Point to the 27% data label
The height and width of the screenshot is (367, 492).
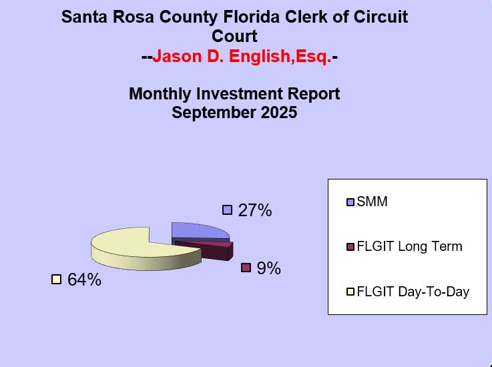pyautogui.click(x=255, y=211)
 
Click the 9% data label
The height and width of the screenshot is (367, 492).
pyautogui.click(x=268, y=268)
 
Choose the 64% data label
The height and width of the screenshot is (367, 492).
pyautogui.click(x=84, y=280)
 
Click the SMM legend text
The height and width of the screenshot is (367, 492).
pyautogui.click(x=372, y=202)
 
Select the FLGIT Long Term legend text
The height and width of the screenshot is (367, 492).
pyautogui.click(x=409, y=246)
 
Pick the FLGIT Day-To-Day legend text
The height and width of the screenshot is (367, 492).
pyautogui.click(x=413, y=292)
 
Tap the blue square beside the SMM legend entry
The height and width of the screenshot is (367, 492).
pyautogui.click(x=351, y=202)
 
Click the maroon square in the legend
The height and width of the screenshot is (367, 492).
pyautogui.click(x=351, y=247)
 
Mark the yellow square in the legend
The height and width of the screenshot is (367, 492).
pyautogui.click(x=351, y=292)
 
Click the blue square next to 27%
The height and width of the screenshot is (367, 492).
pyautogui.click(x=227, y=210)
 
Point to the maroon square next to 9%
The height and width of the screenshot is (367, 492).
pyautogui.click(x=246, y=268)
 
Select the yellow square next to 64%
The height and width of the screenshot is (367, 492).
pyautogui.click(x=56, y=280)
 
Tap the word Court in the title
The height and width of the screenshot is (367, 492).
pyautogui.click(x=234, y=37)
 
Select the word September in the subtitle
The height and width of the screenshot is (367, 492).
pyautogui.click(x=210, y=113)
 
